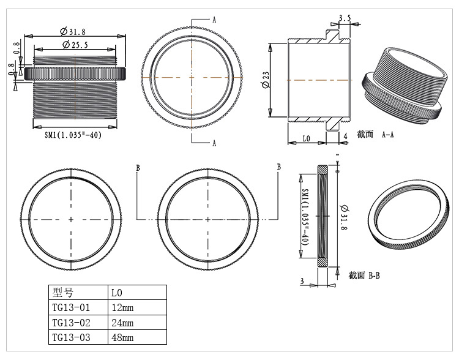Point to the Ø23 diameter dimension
point(265,80)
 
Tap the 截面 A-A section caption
point(376,134)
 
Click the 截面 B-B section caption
point(365,276)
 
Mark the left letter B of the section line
point(138,167)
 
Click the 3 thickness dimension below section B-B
point(302,281)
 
